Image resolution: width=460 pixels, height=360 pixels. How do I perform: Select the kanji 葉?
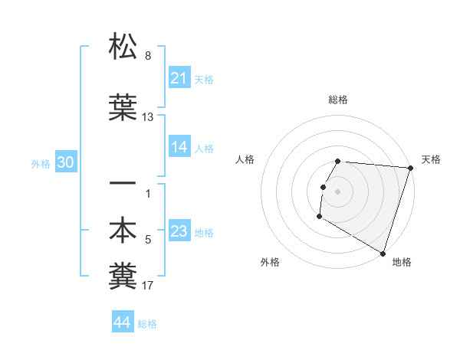pos(123,108)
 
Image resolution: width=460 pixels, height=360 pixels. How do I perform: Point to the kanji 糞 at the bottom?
pos(123,277)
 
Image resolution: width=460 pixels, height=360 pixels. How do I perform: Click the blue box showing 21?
pos(179,78)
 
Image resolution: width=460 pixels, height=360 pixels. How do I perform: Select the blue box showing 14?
pos(179,147)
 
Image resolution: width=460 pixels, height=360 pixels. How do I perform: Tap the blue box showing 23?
pos(179,231)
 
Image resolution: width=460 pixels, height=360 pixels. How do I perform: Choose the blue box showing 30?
pos(65,162)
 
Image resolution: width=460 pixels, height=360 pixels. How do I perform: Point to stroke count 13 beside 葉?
pos(148,117)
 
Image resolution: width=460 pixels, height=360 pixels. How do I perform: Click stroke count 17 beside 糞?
pos(148,286)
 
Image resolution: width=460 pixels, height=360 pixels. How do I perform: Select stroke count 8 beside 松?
pos(148,56)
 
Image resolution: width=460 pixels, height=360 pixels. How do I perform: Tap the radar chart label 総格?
pos(338,100)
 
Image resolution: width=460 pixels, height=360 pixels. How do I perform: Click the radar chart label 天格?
pos(431,159)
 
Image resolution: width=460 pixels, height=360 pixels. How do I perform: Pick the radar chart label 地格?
pos(402,262)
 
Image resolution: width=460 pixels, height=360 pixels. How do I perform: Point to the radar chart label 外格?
pos(270,262)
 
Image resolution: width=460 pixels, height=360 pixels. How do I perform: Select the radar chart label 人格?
pos(245,159)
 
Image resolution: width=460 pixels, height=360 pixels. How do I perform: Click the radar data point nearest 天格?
pos(410,168)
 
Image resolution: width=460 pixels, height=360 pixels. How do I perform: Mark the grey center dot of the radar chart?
pos(338,191)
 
